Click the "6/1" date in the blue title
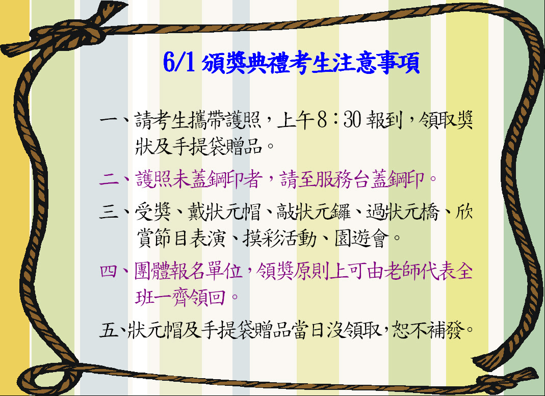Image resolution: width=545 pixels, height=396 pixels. point(179,63)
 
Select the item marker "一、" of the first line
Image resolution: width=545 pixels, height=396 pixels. point(116,120)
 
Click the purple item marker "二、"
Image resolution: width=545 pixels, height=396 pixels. point(116,179)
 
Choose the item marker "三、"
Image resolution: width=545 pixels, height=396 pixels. point(116,211)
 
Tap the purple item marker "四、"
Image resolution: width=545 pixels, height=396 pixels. point(116,271)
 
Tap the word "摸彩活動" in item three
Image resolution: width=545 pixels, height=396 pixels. point(279,239)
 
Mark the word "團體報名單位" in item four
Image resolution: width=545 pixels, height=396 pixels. point(188,271)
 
